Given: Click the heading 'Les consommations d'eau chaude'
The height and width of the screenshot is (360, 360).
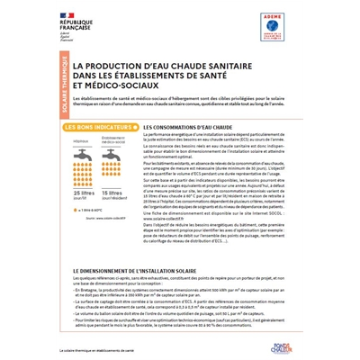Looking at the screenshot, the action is coord(176,129).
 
